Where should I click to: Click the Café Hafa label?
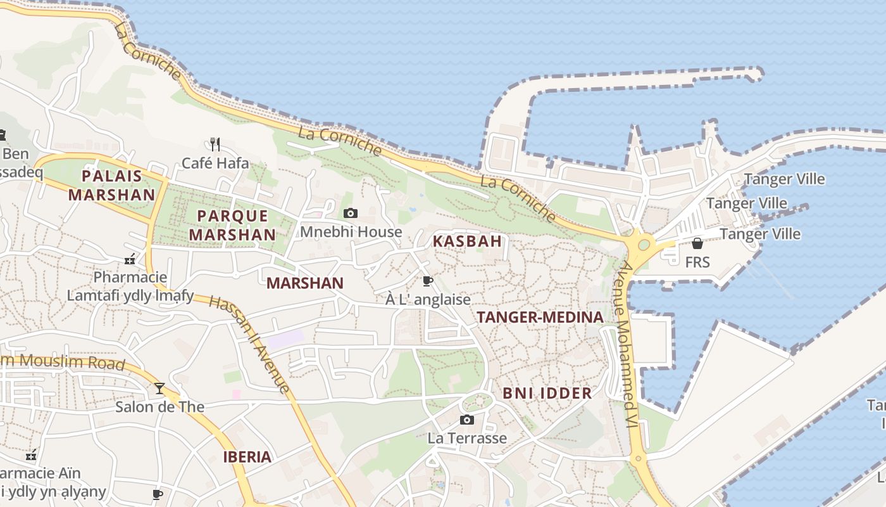tap(215, 163)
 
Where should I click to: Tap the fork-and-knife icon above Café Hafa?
tap(215, 144)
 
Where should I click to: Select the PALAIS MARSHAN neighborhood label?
tap(111, 185)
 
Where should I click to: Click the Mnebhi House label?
tap(351, 232)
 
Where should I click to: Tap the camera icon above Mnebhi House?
tap(350, 214)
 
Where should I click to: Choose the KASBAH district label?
tap(467, 241)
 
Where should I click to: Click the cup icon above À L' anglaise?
tap(428, 281)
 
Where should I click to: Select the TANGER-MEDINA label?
tap(540, 318)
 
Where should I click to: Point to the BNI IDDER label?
tap(547, 393)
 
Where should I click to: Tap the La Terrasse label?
tap(467, 438)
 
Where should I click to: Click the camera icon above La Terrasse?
tap(466, 420)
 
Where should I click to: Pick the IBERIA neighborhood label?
tap(247, 457)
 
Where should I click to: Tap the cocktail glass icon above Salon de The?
tap(159, 388)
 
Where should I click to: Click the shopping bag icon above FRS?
tap(697, 243)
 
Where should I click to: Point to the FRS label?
tap(697, 262)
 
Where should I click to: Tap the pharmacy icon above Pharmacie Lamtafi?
tap(130, 259)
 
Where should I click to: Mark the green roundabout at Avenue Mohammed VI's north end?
tap(644, 244)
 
